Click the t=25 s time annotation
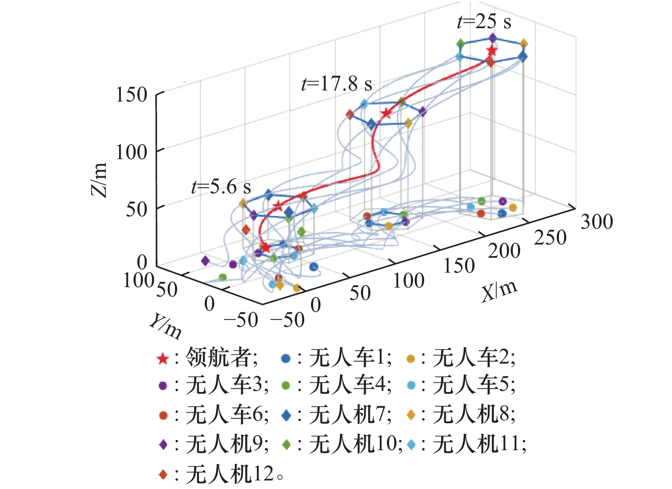coord(484,21)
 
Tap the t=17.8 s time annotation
coord(337,84)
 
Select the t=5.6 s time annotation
coord(221,187)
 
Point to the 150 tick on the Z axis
coord(131,95)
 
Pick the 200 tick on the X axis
coord(504,251)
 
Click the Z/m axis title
coord(99,179)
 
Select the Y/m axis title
coord(166,326)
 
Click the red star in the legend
coord(163,359)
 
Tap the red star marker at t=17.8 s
coord(386,113)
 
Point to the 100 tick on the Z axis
coord(131,152)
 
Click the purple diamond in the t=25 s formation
coord(493,38)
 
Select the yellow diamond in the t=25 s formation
coord(524,44)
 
